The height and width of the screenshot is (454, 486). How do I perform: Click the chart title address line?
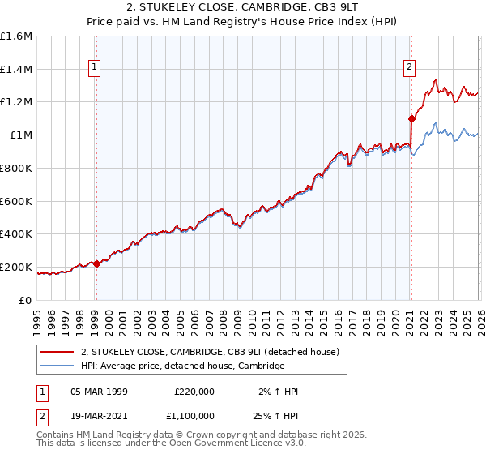tap(243, 7)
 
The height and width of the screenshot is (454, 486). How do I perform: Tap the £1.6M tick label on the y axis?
tap(15, 36)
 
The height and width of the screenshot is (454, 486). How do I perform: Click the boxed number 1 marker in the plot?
tap(96, 67)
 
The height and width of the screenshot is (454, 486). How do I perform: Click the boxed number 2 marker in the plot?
tap(410, 67)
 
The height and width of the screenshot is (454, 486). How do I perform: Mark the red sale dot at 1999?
tap(96, 263)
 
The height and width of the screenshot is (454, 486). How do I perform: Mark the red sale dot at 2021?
tap(411, 118)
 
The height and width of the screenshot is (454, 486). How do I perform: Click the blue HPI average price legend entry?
tap(182, 366)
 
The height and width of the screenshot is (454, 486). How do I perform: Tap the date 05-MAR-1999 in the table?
tap(99, 392)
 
